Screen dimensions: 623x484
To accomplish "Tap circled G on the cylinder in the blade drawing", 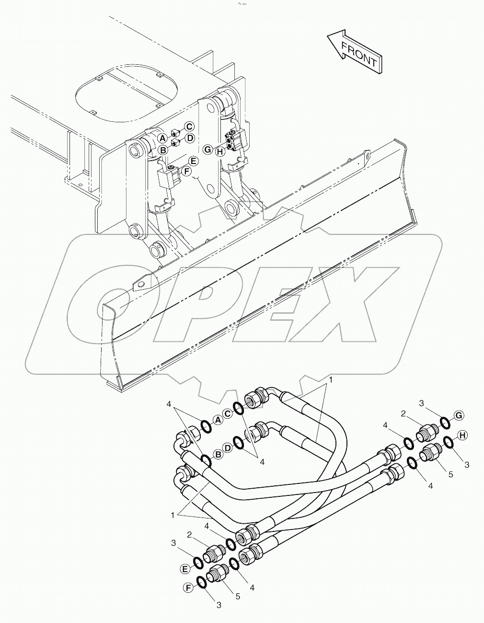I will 207,150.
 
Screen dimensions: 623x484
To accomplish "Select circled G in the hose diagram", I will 458,415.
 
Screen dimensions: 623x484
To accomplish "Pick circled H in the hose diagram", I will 462,435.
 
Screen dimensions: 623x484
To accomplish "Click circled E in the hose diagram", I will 184,569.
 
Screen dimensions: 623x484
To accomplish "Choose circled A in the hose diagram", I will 218,421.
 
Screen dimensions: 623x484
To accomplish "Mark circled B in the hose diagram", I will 218,454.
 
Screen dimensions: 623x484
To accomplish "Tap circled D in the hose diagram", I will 228,447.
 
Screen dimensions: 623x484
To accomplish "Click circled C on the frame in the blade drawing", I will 189,127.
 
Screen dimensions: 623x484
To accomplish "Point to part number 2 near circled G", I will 404,413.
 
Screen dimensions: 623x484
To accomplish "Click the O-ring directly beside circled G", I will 444,423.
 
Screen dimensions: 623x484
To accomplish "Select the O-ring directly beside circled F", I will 202,582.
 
